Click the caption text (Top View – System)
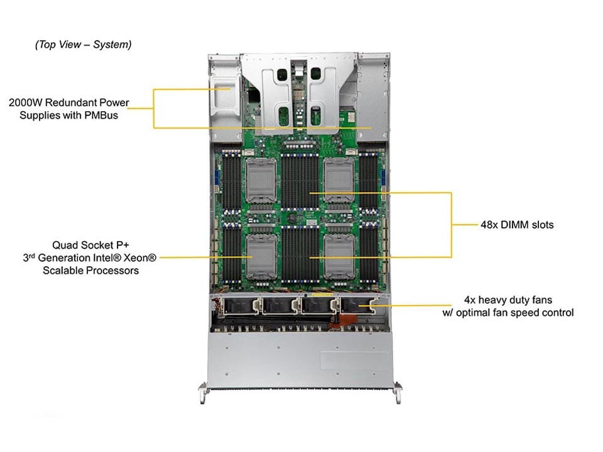(x=84, y=45)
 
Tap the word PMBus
(x=101, y=115)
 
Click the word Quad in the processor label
(x=65, y=244)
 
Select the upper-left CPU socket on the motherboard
(x=260, y=180)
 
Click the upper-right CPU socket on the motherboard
(x=340, y=180)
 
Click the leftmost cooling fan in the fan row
(x=239, y=306)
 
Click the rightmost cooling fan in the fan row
(x=356, y=306)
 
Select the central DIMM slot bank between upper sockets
(x=300, y=182)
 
